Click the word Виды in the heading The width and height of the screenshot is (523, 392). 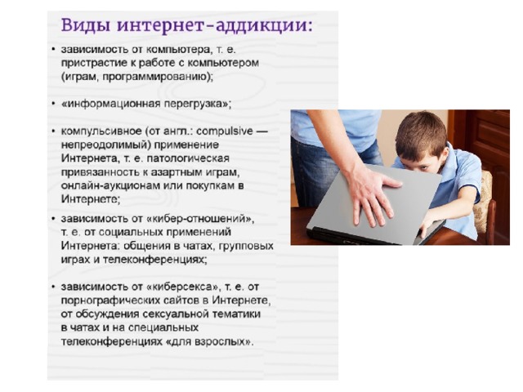click(85, 25)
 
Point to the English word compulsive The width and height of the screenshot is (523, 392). click(225, 131)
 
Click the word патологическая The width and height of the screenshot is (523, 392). click(188, 158)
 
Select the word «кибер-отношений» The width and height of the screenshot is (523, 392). click(200, 219)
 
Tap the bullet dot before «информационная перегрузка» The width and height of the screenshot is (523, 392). click(53, 104)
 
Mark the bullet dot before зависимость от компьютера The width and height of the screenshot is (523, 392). click(53, 50)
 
